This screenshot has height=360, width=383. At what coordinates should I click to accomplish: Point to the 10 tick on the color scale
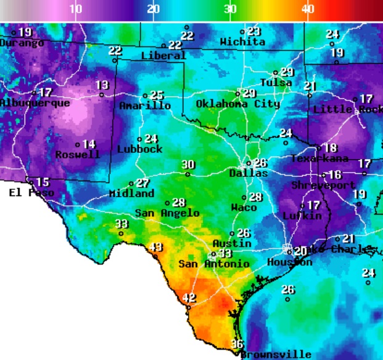(x=75, y=9)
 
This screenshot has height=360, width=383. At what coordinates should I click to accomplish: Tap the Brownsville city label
(x=276, y=354)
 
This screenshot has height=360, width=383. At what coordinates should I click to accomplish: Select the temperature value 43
(x=157, y=247)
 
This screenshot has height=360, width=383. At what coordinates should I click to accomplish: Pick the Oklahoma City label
(x=237, y=104)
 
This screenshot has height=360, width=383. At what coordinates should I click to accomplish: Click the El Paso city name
(x=31, y=193)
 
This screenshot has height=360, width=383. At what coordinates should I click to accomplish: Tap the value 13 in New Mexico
(x=102, y=85)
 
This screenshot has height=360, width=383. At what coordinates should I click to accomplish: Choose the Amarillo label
(x=145, y=106)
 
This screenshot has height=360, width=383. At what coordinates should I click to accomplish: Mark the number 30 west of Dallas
(x=188, y=165)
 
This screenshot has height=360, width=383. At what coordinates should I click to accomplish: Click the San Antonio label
(x=213, y=264)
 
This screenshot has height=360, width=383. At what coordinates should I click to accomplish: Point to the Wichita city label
(x=242, y=43)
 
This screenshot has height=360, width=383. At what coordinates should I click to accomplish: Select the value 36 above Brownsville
(x=237, y=344)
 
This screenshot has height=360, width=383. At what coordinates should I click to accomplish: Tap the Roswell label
(x=78, y=155)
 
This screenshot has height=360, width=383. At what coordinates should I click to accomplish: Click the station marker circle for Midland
(x=131, y=184)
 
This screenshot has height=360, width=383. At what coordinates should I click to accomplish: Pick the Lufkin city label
(x=302, y=216)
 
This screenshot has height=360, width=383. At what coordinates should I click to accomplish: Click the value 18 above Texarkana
(x=331, y=148)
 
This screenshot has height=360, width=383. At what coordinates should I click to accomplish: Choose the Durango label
(x=22, y=43)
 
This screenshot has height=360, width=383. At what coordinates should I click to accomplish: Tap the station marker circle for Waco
(x=244, y=197)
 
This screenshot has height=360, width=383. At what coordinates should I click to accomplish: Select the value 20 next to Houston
(x=300, y=252)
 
